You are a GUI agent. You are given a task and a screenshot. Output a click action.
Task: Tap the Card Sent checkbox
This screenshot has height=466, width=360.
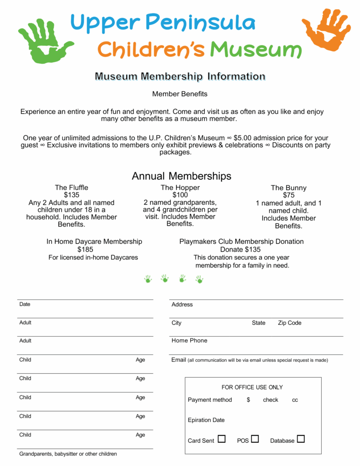pyautogui.click(x=222, y=439)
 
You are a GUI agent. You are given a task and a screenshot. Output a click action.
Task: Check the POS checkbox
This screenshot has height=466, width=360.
pyautogui.click(x=255, y=439)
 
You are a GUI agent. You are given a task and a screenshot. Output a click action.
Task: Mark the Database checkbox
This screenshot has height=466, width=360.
pyautogui.click(x=300, y=439)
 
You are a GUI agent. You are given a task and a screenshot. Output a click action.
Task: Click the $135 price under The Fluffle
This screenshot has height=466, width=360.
pyautogui.click(x=71, y=195)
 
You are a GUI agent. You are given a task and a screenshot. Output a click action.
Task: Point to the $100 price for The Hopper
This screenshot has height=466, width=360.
pyautogui.click(x=180, y=195)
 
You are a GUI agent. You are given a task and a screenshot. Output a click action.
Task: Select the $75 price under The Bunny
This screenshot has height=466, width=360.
pyautogui.click(x=289, y=195)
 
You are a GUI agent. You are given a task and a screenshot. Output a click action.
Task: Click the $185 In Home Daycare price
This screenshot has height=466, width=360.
pyautogui.click(x=85, y=249)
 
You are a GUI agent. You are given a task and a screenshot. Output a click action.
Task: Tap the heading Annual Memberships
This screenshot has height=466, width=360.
pyautogui.click(x=181, y=176)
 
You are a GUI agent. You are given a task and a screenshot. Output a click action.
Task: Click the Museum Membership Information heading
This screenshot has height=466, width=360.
pyautogui.click(x=180, y=76)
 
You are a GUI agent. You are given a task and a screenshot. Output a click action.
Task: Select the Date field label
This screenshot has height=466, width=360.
pyautogui.click(x=25, y=304)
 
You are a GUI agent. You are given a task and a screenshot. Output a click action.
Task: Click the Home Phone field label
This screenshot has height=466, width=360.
pyautogui.click(x=189, y=340)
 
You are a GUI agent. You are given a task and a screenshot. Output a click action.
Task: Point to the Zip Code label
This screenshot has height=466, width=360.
pyautogui.click(x=289, y=323)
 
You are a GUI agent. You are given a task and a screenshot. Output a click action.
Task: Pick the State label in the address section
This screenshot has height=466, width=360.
pyautogui.click(x=259, y=323)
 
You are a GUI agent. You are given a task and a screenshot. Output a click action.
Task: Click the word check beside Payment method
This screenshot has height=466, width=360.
pyautogui.click(x=270, y=400)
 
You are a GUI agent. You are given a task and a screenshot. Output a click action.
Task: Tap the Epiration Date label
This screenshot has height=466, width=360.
pyautogui.click(x=206, y=420)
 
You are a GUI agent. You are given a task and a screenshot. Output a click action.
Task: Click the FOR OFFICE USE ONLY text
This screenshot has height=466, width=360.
pyautogui.click(x=252, y=387)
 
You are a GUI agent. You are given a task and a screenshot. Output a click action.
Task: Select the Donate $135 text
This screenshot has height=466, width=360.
pyautogui.click(x=240, y=249)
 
